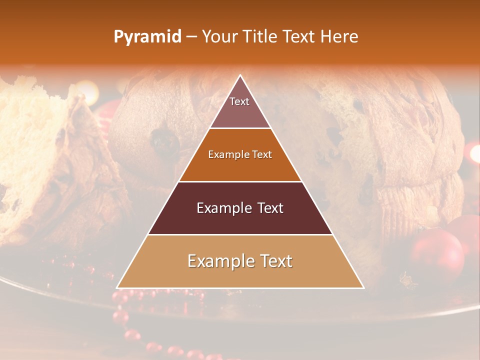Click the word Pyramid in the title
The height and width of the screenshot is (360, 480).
(x=147, y=37)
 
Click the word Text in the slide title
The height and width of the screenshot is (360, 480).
(x=298, y=36)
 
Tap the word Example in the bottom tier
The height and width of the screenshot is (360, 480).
(x=218, y=261)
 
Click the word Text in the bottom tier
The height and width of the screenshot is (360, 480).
(x=273, y=261)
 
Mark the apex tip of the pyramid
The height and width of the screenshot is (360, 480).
(x=240, y=76)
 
